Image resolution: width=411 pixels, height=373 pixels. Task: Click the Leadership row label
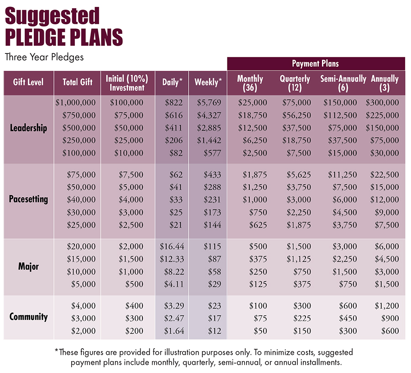[x=28, y=128]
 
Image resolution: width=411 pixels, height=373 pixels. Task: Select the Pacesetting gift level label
[x=28, y=199]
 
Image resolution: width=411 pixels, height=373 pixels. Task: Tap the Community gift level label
[x=28, y=317]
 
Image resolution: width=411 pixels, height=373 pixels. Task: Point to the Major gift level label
[x=28, y=266]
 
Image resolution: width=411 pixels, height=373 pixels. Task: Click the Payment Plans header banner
[x=316, y=64]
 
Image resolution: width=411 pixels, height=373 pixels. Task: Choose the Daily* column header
[x=172, y=82]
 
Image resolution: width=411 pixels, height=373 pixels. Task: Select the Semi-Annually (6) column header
[x=343, y=83]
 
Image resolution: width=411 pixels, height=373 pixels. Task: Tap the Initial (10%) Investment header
[x=127, y=83]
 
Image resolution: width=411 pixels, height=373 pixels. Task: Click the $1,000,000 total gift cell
[x=75, y=102]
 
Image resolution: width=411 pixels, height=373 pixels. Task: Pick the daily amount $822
[x=174, y=102]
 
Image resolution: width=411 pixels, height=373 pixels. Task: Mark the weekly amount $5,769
[x=209, y=102]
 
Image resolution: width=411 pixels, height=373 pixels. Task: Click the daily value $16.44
[x=172, y=246]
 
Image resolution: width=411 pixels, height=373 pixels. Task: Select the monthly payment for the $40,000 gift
[x=254, y=200]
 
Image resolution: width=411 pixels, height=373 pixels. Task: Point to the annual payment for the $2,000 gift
[x=390, y=331]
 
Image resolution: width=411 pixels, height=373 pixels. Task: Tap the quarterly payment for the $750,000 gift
[x=296, y=115]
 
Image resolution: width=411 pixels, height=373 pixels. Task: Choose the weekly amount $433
[x=212, y=175]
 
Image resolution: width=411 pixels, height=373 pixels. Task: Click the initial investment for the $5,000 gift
[x=134, y=284]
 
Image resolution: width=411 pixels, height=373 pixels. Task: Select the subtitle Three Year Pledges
[x=44, y=57]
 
